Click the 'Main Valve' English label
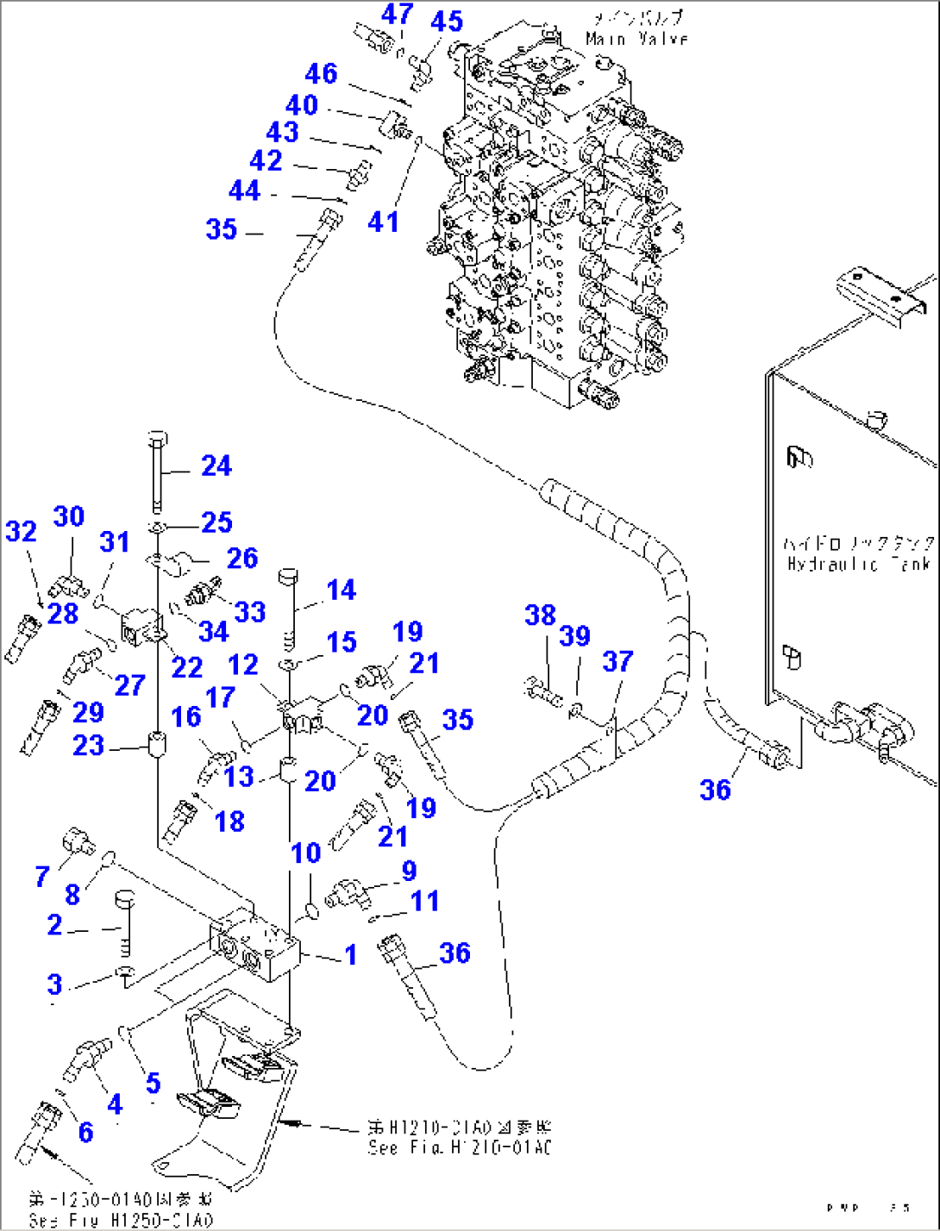pyautogui.click(x=636, y=39)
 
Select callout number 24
pyautogui.click(x=216, y=466)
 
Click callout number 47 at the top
pyautogui.click(x=398, y=14)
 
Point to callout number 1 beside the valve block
pyautogui.click(x=350, y=954)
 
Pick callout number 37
pyautogui.click(x=617, y=661)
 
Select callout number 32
pyautogui.click(x=22, y=531)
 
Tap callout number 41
pyautogui.click(x=383, y=222)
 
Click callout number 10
pyautogui.click(x=305, y=853)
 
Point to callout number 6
pyautogui.click(x=85, y=1131)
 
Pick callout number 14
pyautogui.click(x=341, y=590)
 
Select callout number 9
pyautogui.click(x=409, y=871)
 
